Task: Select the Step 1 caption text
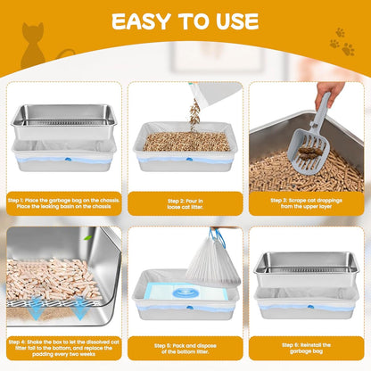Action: point(62,204)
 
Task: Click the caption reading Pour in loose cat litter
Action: point(185,204)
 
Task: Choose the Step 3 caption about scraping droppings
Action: point(309,204)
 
